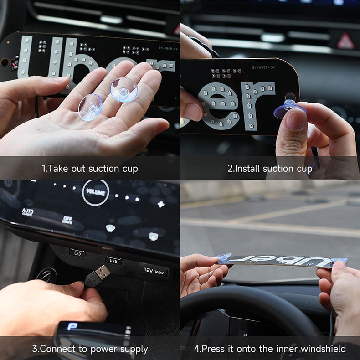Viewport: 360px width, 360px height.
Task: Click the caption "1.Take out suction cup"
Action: pos(90,169)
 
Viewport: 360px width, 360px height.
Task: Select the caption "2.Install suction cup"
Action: pos(270,169)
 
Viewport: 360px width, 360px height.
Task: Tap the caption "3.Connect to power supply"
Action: pos(90,350)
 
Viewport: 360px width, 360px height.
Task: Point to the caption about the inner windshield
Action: pos(270,350)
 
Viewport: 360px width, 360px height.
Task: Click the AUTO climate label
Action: pos(27,212)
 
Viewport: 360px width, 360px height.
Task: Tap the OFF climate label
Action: pos(67,220)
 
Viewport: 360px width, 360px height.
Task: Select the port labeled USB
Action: pos(113,260)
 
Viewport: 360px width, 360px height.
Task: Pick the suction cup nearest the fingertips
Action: pos(124,89)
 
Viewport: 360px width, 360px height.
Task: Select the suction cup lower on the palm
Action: pos(90,107)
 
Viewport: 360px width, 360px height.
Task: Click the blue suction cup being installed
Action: pos(289,109)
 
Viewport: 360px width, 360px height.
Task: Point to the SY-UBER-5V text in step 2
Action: pos(264,67)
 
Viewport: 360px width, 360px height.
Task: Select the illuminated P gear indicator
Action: pos(71,326)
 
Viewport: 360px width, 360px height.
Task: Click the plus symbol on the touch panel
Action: pos(160,204)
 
